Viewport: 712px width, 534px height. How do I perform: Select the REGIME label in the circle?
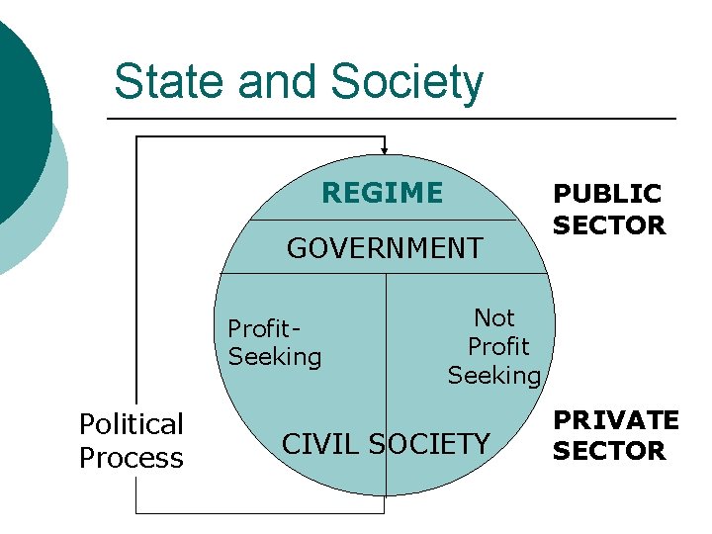click(383, 193)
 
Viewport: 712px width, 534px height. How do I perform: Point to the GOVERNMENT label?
click(385, 248)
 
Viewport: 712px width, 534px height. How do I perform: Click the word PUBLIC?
click(607, 194)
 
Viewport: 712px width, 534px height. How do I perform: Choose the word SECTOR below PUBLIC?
click(609, 225)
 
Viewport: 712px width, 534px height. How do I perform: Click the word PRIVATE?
click(615, 420)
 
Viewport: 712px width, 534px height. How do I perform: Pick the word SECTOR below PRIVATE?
click(609, 451)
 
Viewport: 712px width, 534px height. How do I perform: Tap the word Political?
click(132, 425)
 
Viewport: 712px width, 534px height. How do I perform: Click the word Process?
click(132, 459)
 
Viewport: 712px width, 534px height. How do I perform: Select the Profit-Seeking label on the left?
click(275, 342)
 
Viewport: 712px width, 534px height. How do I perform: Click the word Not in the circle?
click(494, 317)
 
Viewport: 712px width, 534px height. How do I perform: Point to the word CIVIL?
click(321, 445)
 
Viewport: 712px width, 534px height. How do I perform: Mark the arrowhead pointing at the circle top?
click(385, 149)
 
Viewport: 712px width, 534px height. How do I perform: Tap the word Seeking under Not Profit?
click(494, 376)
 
